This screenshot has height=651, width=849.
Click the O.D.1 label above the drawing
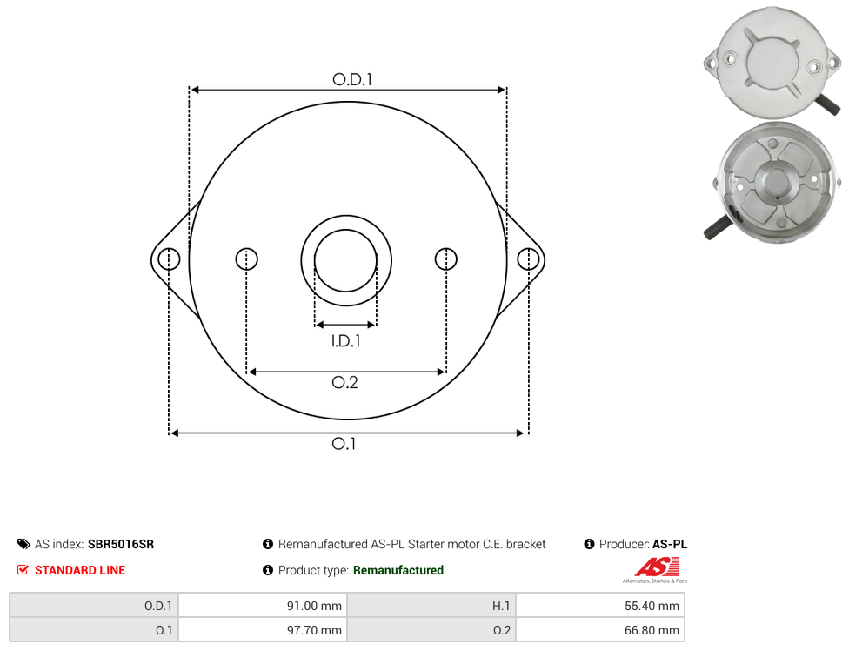coord(352,79)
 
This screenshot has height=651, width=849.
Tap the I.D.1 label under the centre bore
coord(345,341)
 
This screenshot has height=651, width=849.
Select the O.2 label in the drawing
coord(344,383)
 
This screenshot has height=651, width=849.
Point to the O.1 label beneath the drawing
coord(344,444)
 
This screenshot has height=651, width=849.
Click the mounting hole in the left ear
coord(169,258)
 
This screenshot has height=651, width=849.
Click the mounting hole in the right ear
coord(528,258)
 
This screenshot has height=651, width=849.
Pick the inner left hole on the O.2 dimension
coord(246,258)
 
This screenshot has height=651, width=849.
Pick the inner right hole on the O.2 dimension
coord(445,258)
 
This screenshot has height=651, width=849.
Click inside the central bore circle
coord(345,260)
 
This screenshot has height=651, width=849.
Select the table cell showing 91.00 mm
coord(264,606)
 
